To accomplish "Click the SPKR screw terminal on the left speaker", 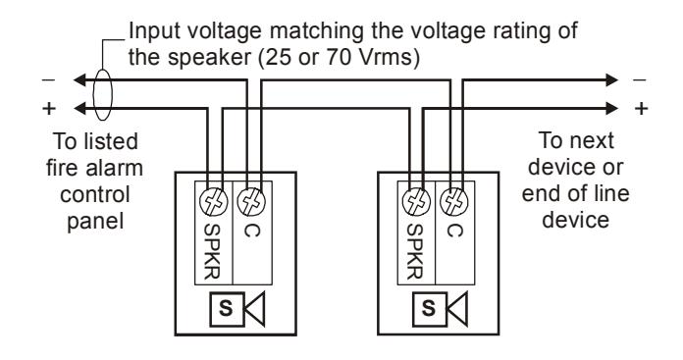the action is coord(214,202).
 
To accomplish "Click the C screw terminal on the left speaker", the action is coord(251,202).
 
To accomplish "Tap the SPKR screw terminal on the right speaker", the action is coord(416,202).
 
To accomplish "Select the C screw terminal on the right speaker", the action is coord(454,202).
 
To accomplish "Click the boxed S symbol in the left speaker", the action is coord(227,310).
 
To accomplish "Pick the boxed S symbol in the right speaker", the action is coord(430,310).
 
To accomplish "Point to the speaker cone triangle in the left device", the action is coord(254,310).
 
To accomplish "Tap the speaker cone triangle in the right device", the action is coord(457,310).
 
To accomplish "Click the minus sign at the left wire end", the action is coord(48,80).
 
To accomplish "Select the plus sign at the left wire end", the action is coord(49,108).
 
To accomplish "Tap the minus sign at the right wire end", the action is coord(640,80).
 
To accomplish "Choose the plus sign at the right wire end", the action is coord(641,108).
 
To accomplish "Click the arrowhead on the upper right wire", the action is coord(612,80).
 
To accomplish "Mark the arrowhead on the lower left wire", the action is coord(79,108).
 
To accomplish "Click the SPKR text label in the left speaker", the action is coord(212,251).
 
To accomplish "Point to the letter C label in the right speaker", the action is coord(454,231).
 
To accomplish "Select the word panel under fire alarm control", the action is coord(95,222).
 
